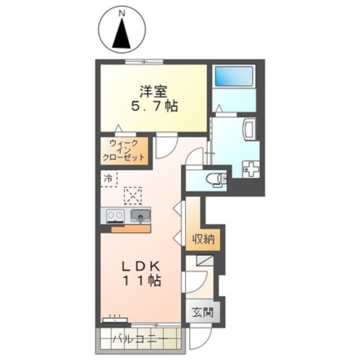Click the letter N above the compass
pos(122,14)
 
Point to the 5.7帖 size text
pos(154,106)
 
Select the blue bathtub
pos(234,76)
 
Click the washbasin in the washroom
pos(250,129)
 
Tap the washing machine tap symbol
pos(251,169)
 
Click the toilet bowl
pos(214,179)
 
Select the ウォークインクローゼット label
pos(123,150)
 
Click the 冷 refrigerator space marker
pos(108,179)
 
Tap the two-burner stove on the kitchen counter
pos(115,216)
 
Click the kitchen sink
pos(140,216)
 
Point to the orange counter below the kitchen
pos(131,228)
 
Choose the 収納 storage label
pos(204,240)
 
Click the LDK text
pos(141,267)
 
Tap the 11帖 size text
pos(143,281)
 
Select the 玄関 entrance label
pos(203,312)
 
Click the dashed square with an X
pos(133,196)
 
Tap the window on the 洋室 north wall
pos(144,62)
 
